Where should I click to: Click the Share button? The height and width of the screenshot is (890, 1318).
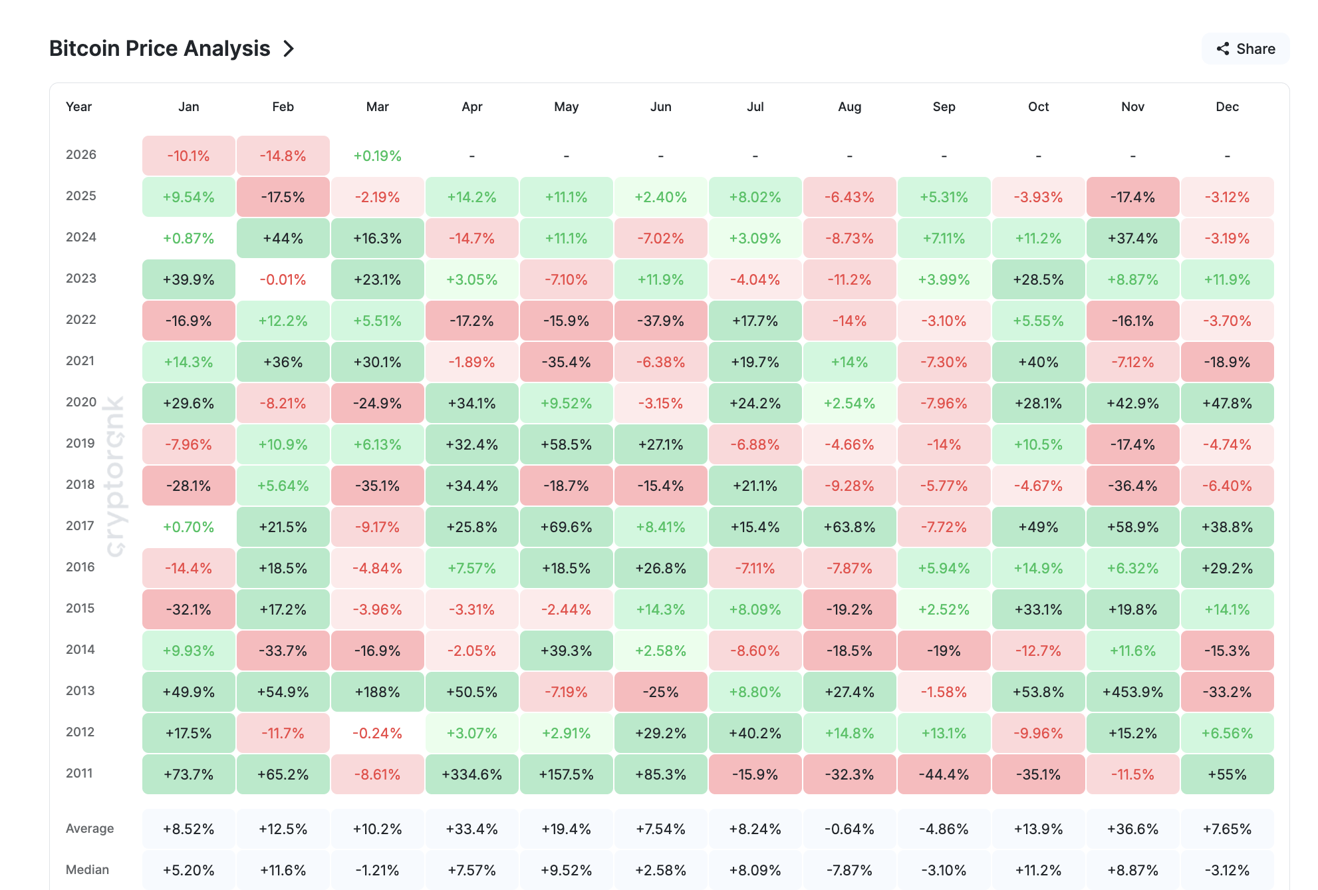(x=1246, y=49)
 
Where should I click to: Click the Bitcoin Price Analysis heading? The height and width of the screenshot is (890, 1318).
(x=160, y=49)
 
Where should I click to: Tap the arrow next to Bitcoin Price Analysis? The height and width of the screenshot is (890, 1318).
(x=289, y=49)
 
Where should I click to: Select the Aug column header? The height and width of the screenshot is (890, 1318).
(x=849, y=106)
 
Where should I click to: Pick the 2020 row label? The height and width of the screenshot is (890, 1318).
(x=81, y=402)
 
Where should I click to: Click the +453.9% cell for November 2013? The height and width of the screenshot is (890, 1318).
(x=1132, y=692)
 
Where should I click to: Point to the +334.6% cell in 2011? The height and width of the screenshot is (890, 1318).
(x=471, y=774)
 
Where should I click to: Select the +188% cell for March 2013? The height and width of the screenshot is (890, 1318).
(x=377, y=692)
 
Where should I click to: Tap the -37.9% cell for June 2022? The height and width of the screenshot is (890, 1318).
(x=660, y=321)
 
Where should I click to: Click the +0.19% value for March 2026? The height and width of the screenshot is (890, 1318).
(x=377, y=156)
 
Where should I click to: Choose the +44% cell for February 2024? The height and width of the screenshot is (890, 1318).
(x=283, y=238)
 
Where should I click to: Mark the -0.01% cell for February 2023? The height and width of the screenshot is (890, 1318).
(x=283, y=279)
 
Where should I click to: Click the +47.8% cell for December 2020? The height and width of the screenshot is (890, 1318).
(x=1227, y=403)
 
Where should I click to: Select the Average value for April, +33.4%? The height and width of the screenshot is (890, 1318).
(x=471, y=829)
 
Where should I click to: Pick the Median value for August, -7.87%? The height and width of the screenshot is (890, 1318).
(x=849, y=870)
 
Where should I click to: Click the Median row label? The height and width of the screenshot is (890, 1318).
(x=87, y=869)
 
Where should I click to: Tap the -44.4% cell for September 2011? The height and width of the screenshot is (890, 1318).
(x=944, y=774)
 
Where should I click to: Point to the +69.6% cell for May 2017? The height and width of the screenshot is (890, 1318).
(x=566, y=527)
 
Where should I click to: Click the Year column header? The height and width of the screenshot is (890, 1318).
(x=78, y=106)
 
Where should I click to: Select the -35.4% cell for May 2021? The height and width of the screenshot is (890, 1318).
(x=566, y=362)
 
